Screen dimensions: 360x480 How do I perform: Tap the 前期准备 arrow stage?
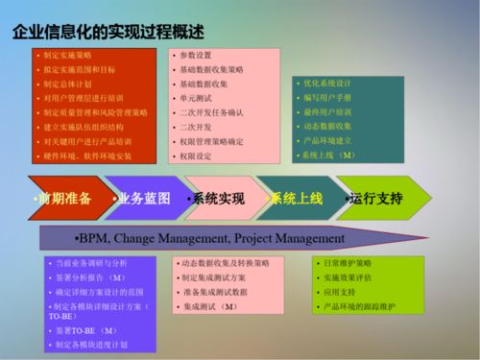pyautogui.click(x=65, y=199)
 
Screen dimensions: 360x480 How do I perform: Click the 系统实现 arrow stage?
pyautogui.click(x=218, y=199)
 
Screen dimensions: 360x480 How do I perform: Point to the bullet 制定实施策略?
pyautogui.click(x=68, y=56)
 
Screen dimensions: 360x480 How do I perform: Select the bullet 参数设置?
pyautogui.click(x=196, y=56)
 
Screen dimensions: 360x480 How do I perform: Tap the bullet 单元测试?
pyautogui.click(x=196, y=98)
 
